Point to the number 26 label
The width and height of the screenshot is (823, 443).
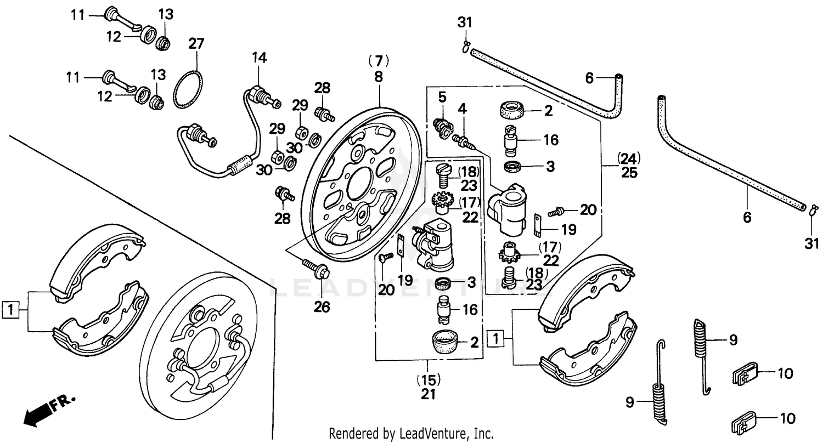(322, 307)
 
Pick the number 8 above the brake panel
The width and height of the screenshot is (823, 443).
(378, 77)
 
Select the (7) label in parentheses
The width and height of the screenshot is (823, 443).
(378, 59)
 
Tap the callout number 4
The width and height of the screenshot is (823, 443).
(463, 109)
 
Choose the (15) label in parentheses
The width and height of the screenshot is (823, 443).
(429, 379)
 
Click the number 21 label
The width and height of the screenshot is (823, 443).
(429, 394)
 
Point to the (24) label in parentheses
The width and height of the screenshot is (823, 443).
(629, 160)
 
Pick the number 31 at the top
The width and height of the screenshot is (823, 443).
(465, 22)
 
